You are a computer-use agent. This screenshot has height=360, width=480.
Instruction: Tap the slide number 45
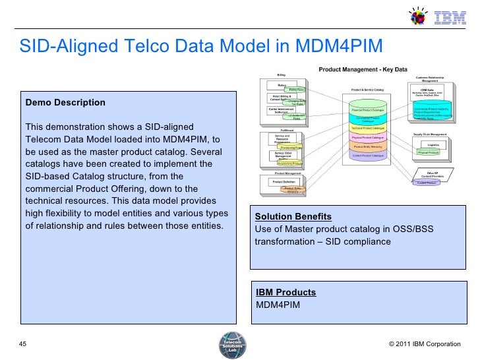tap(24, 344)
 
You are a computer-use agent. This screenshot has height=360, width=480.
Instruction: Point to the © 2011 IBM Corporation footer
tap(424, 344)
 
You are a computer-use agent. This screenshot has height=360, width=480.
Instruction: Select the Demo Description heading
tap(65, 103)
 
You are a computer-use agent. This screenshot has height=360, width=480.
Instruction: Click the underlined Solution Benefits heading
tap(293, 217)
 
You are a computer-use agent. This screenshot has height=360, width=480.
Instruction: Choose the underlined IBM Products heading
tap(285, 292)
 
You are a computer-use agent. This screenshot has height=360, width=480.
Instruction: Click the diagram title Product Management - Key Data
tap(363, 69)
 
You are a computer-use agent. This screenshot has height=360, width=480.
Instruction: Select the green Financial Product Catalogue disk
tap(368, 109)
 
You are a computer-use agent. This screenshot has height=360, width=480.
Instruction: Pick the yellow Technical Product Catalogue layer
tap(368, 128)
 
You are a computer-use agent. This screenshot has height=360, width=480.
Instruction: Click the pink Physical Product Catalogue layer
tap(368, 137)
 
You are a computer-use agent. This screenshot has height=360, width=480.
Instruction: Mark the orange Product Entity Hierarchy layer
tap(368, 146)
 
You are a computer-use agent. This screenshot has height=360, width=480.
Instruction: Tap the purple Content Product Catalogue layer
tap(368, 156)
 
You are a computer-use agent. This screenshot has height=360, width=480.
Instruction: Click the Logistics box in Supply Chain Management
tap(433, 144)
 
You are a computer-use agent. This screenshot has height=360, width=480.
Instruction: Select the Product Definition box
tap(284, 182)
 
